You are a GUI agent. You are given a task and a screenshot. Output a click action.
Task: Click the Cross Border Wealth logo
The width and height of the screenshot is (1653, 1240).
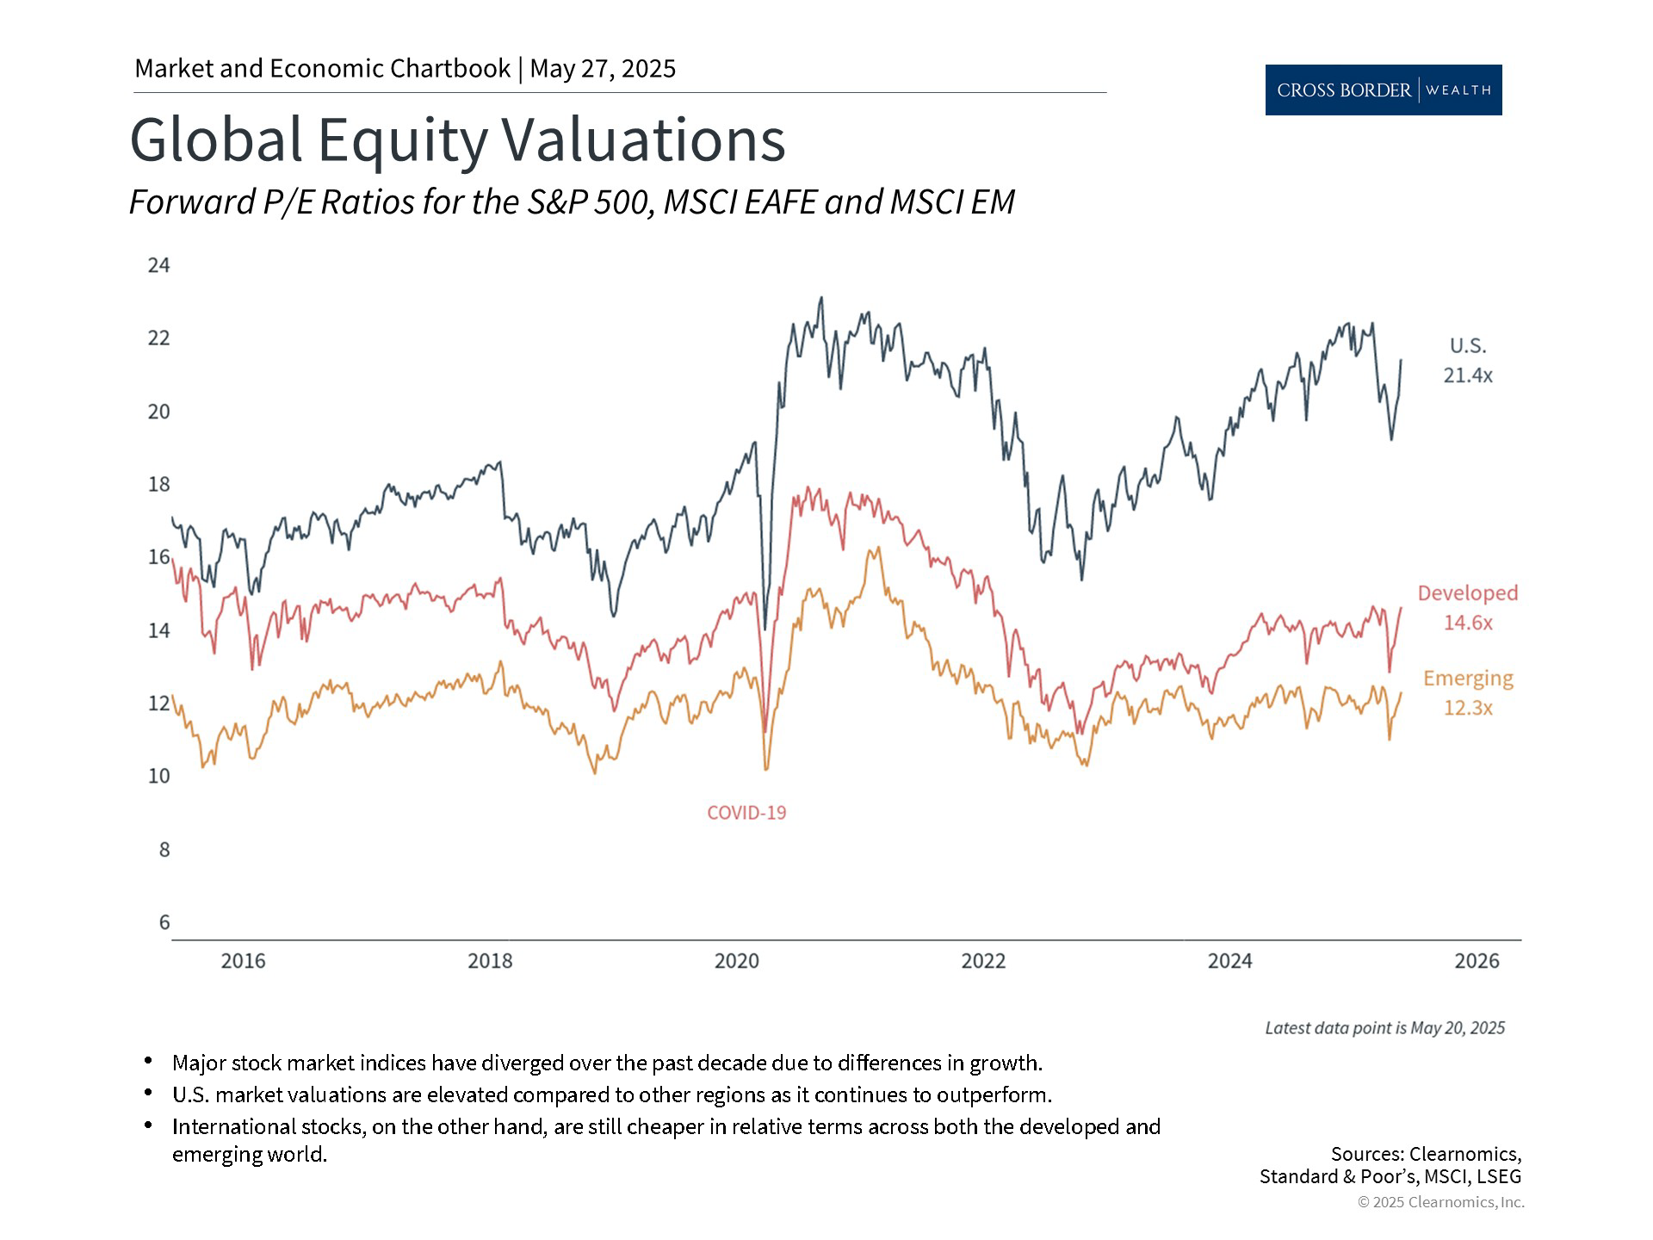1383,90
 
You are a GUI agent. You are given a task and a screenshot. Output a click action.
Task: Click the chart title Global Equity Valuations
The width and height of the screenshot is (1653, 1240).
457,139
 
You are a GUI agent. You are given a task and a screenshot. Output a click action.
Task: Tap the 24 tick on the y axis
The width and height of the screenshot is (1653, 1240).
159,265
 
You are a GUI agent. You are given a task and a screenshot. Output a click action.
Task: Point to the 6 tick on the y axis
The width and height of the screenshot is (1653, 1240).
164,922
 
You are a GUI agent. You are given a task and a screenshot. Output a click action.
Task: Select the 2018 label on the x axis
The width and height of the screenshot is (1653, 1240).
490,961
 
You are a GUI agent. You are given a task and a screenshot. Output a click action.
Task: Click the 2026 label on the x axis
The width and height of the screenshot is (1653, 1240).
1477,961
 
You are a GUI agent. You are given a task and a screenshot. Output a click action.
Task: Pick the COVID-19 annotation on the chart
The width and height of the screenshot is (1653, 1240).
746,813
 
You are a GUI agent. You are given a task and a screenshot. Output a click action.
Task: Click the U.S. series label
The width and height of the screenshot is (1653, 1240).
1468,346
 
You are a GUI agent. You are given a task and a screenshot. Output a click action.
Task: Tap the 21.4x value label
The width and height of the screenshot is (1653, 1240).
1468,375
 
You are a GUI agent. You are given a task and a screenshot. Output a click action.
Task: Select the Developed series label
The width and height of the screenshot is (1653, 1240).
1468,593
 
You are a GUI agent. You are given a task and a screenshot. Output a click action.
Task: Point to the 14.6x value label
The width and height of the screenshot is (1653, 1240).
1468,623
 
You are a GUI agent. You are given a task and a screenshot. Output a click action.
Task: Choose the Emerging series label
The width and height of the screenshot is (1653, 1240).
1468,679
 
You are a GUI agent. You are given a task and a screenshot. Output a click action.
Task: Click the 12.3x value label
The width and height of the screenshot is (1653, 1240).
1468,708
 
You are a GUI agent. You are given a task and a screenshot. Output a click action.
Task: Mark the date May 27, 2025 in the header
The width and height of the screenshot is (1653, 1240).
603,69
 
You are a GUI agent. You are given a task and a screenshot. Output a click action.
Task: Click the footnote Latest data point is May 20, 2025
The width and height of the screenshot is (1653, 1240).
1384,1028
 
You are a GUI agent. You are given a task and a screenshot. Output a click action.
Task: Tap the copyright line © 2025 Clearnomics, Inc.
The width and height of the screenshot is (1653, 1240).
1440,1202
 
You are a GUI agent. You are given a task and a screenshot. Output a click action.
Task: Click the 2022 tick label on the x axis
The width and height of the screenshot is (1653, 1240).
983,961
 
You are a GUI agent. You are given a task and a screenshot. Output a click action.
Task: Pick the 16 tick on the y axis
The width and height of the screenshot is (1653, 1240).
159,557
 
